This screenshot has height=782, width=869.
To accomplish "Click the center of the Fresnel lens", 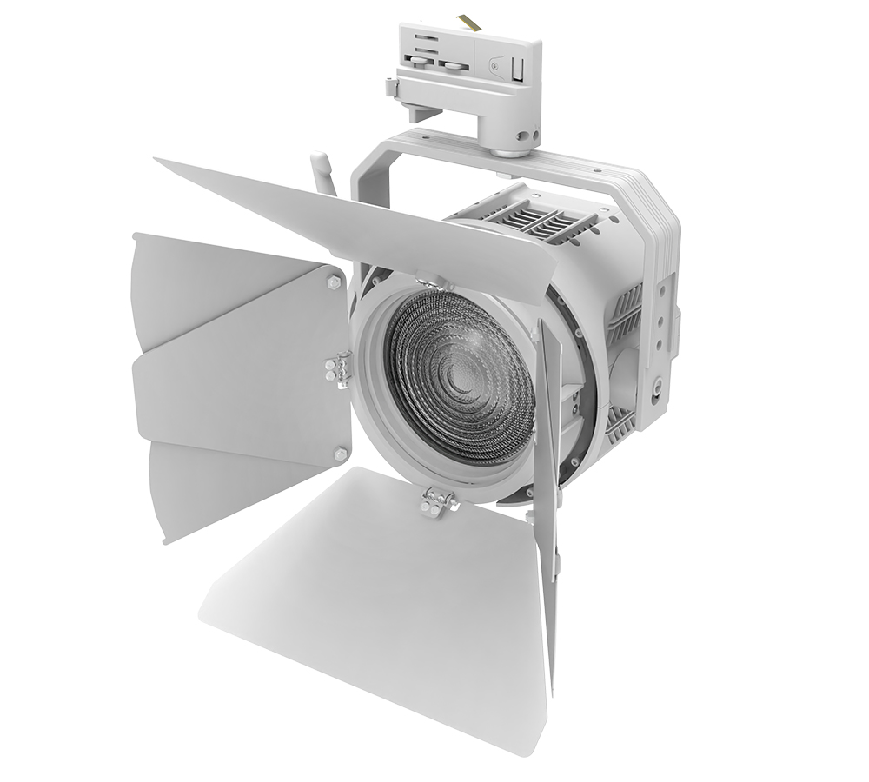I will [458, 376].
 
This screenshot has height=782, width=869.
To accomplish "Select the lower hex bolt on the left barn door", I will [339, 454].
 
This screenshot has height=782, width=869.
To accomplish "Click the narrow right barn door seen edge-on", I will [547, 487].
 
